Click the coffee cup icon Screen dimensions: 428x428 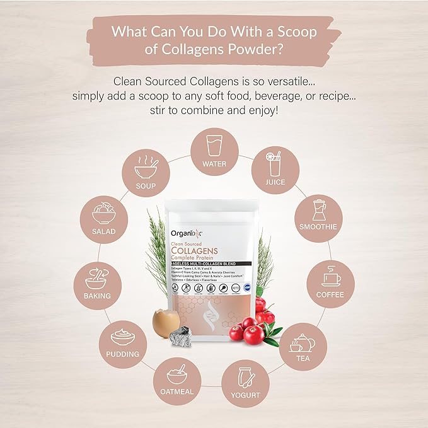330,277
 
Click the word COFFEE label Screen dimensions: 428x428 331,294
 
